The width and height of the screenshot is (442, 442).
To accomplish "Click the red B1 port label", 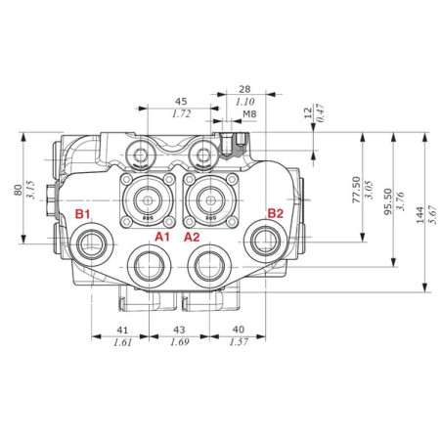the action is click(82, 214).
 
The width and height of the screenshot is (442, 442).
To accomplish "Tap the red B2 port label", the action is click(276, 213).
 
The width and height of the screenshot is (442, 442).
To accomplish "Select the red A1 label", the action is click(162, 237).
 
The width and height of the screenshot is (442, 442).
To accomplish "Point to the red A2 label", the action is click(192, 237).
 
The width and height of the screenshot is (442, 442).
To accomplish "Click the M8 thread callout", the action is click(249, 114).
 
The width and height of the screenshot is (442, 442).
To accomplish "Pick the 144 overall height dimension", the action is click(420, 214).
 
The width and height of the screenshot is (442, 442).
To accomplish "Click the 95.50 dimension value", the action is click(388, 201).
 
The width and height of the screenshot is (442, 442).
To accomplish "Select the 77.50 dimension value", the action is click(357, 190).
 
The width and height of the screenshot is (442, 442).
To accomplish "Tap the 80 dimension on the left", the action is click(18, 190).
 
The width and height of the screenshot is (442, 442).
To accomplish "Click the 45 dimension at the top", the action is click(181, 102).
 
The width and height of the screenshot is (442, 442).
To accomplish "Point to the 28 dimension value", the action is click(244, 89).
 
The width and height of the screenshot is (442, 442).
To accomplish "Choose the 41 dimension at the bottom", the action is click(122, 331).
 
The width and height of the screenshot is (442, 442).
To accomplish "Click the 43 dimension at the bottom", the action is click(179, 330).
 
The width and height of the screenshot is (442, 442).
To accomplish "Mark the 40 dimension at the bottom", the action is click(239, 330).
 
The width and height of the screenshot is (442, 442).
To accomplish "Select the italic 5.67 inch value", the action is click(432, 214).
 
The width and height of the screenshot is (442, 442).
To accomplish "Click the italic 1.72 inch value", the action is click(181, 113).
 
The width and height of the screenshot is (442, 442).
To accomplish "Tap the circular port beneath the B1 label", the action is click(92, 244).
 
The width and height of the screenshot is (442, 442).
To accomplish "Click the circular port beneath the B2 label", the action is click(266, 241).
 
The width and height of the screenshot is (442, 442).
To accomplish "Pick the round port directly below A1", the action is click(149, 267).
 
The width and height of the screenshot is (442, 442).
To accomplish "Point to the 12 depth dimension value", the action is click(308, 112).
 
